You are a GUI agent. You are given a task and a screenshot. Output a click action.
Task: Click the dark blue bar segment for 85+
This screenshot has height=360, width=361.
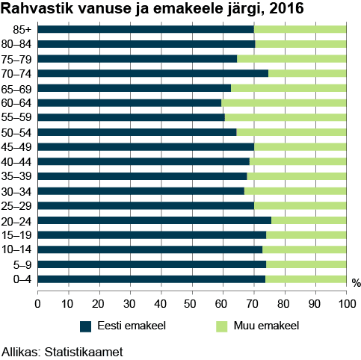tap(146, 30)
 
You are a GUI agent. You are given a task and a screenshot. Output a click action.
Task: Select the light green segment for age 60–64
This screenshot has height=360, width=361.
tap(284, 103)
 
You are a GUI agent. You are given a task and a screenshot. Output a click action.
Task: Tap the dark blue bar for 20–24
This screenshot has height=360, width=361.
tap(154, 220)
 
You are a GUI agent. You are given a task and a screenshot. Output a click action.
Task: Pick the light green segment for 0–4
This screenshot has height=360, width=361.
tap(306, 279)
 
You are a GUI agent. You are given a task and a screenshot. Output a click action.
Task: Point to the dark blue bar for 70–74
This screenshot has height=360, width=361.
tap(152, 73)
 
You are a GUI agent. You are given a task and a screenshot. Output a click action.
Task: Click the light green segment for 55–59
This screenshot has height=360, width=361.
tap(286, 118)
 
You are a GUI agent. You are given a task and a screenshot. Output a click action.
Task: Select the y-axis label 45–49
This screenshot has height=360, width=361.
tap(16, 147)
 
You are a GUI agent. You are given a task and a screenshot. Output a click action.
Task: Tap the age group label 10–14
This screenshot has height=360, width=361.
tap(16, 250)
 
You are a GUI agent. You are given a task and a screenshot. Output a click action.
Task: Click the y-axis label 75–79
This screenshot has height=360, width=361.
tap(16, 59)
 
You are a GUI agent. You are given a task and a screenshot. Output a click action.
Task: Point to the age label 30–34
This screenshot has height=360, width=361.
tap(16, 191)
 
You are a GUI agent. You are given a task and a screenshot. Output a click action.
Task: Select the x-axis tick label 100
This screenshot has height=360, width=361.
tap(346, 304)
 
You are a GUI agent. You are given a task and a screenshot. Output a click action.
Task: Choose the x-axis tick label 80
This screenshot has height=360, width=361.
tap(285, 304)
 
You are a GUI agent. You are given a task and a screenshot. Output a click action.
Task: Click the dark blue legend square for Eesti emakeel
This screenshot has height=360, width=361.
tap(85, 326)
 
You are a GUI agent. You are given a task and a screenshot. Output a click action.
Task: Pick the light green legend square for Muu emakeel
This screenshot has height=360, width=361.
tap(221, 326)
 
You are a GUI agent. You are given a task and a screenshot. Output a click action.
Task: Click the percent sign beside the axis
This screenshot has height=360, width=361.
tap(356, 283)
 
